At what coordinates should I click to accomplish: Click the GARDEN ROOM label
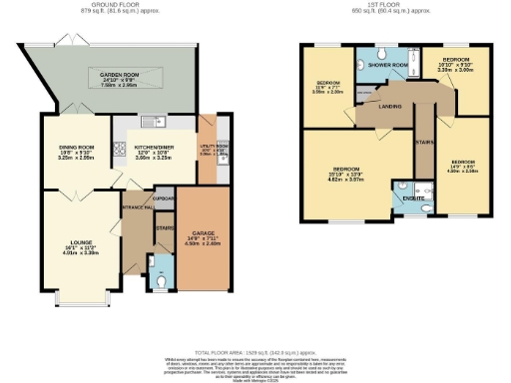(121, 76)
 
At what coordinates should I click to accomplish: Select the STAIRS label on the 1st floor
(423, 141)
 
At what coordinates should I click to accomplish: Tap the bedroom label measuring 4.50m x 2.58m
(461, 164)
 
